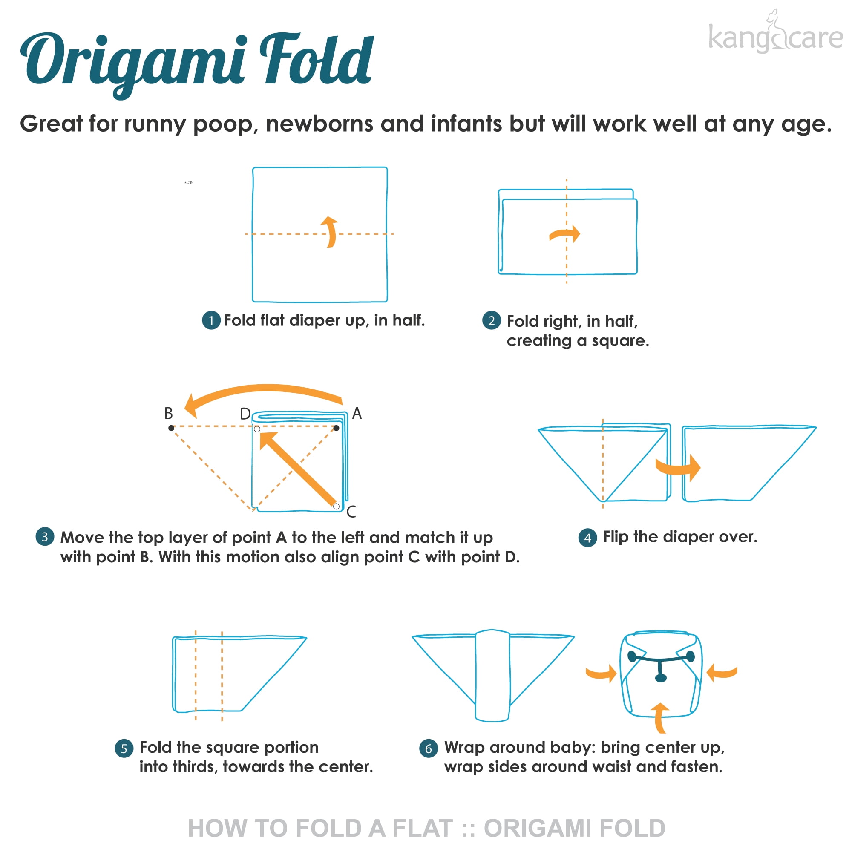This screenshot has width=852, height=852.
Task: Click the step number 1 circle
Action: pos(211,321)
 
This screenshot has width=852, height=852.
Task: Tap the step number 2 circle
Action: pos(492,321)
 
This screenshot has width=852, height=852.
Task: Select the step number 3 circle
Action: pos(45,537)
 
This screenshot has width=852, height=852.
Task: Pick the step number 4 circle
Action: pos(588,538)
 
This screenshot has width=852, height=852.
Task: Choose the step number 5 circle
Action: pos(124,748)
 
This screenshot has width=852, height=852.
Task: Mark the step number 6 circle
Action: pos(429,748)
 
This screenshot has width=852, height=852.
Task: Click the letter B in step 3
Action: pos(168,413)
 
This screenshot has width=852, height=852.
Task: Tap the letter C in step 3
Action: pos(351,512)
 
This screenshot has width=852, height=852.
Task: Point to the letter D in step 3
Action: pos(245,414)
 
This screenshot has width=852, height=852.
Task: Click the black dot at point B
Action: pos(171,428)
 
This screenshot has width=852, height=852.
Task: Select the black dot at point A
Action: pos(336,428)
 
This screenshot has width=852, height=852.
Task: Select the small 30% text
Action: pos(188,182)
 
